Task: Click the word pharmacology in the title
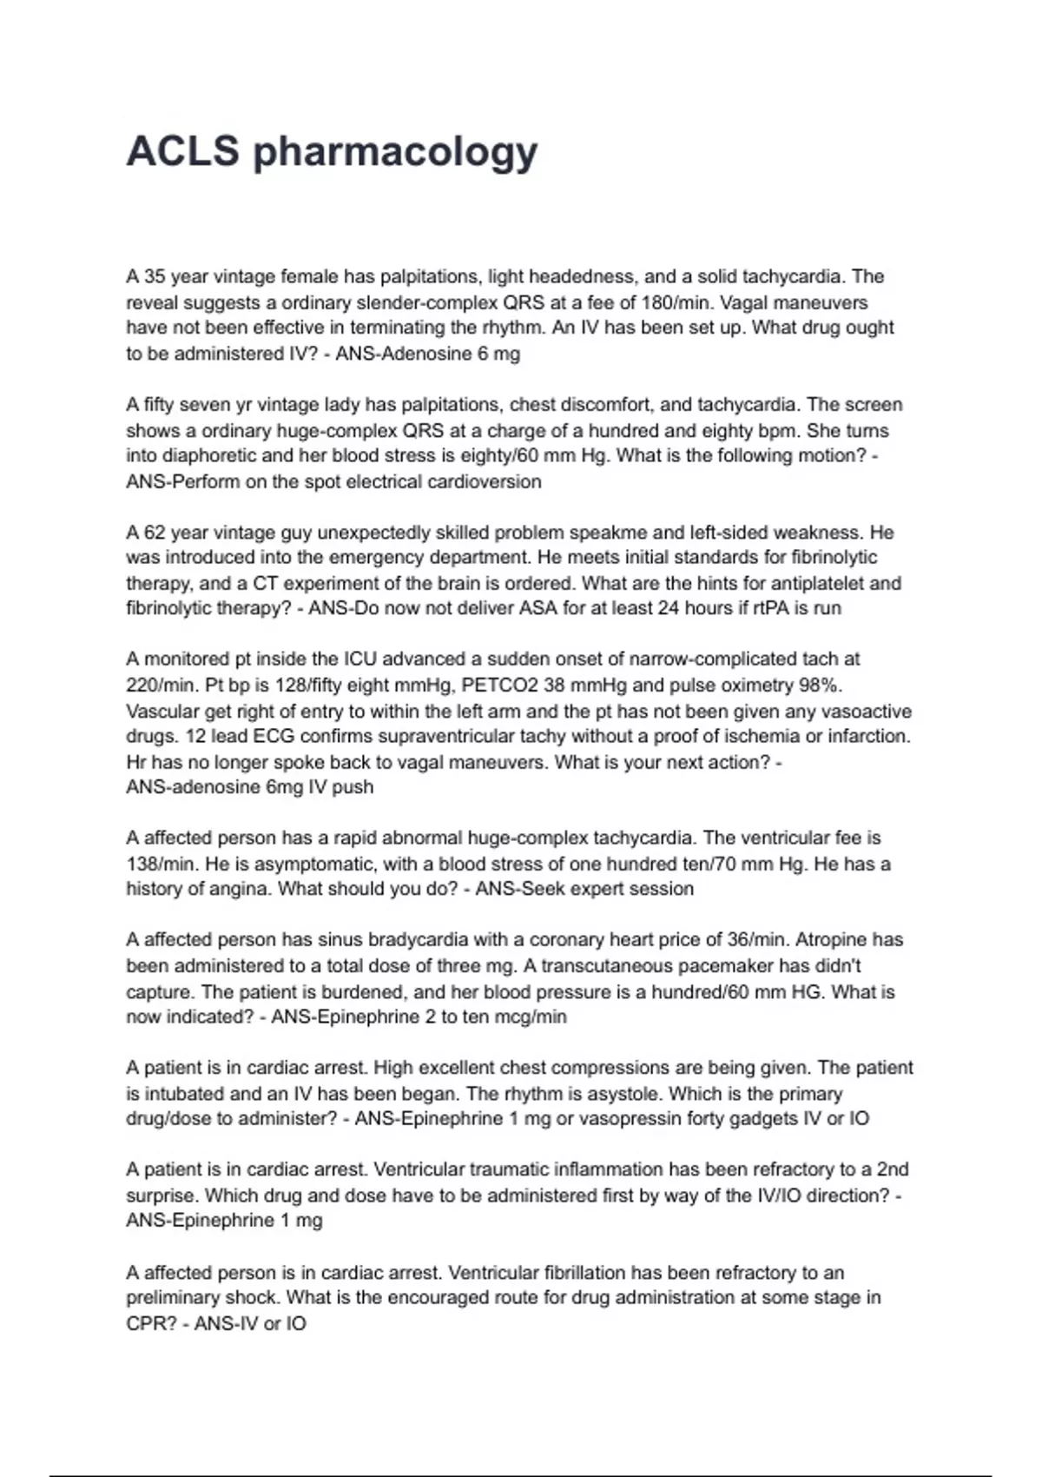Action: (x=395, y=153)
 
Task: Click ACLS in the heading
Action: (x=182, y=151)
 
